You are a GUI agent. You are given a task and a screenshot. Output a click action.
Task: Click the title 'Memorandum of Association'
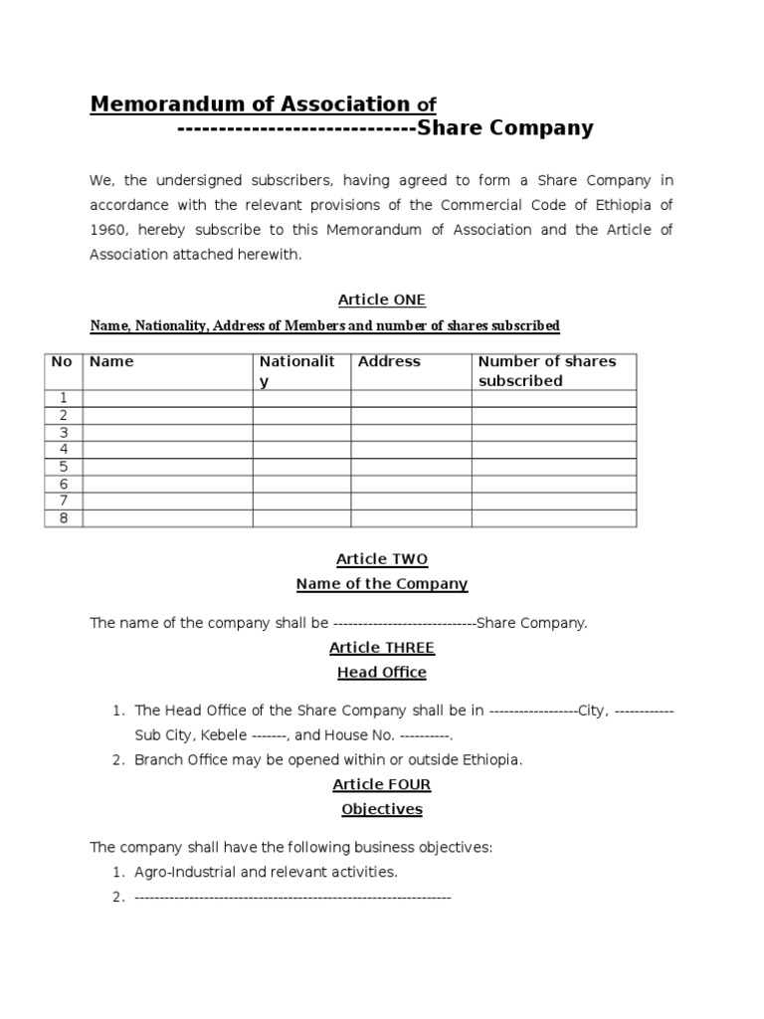point(250,104)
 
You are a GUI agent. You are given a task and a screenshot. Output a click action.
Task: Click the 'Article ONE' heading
point(382,300)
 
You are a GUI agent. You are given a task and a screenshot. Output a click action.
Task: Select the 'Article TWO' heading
point(382,559)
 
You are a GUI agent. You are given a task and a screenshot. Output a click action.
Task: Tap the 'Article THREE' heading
point(382,648)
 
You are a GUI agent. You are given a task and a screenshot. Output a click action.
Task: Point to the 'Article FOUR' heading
point(382,784)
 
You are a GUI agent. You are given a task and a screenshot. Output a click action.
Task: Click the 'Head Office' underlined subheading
point(382,673)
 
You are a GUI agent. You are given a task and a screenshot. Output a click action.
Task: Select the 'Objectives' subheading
point(382,809)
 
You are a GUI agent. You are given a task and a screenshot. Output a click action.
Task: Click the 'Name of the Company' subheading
point(382,584)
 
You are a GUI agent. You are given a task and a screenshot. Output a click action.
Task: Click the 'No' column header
point(62,362)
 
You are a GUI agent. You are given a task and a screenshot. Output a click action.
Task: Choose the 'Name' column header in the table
point(111,362)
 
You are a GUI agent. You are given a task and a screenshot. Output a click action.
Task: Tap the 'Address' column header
point(389,362)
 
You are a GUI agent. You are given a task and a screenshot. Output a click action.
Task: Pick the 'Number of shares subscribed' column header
point(546,371)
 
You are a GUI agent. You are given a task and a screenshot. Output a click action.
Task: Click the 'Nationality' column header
point(297,371)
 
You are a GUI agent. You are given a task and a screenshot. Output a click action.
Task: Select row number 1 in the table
point(63,398)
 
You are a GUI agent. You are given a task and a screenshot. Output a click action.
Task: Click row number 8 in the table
point(63,518)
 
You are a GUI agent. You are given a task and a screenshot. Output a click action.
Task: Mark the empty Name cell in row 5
point(167,467)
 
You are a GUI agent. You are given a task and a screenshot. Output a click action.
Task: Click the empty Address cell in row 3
point(411,433)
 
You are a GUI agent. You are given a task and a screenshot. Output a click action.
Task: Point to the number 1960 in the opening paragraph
point(108,231)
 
